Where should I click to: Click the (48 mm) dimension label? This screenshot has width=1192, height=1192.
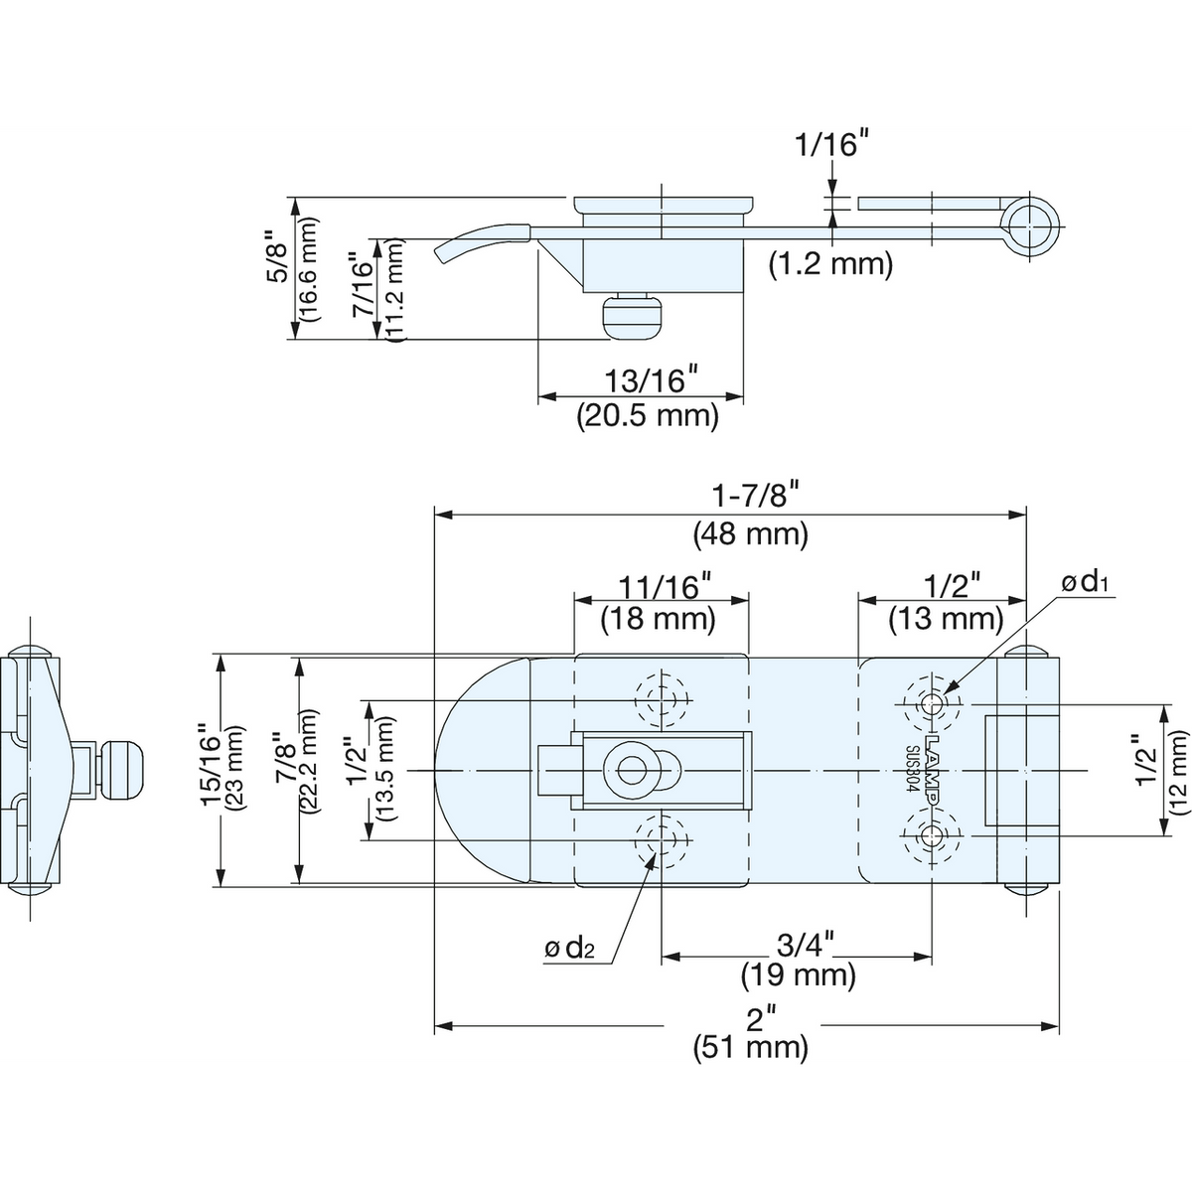750,534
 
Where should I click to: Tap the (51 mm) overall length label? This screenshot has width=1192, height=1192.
750,1046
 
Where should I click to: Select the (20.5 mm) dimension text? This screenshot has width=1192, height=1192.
648,414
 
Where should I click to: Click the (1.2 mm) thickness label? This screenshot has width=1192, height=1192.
831,264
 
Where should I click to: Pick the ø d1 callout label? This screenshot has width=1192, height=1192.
1085,582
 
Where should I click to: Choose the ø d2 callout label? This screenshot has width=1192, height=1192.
569,948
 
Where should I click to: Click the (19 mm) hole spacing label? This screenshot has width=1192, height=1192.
798,974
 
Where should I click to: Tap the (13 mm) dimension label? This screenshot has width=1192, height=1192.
945,619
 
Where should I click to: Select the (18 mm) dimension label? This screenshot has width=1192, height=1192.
658,619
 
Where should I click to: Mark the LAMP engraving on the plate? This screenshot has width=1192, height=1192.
932,771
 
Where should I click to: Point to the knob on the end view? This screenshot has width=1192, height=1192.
126,771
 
